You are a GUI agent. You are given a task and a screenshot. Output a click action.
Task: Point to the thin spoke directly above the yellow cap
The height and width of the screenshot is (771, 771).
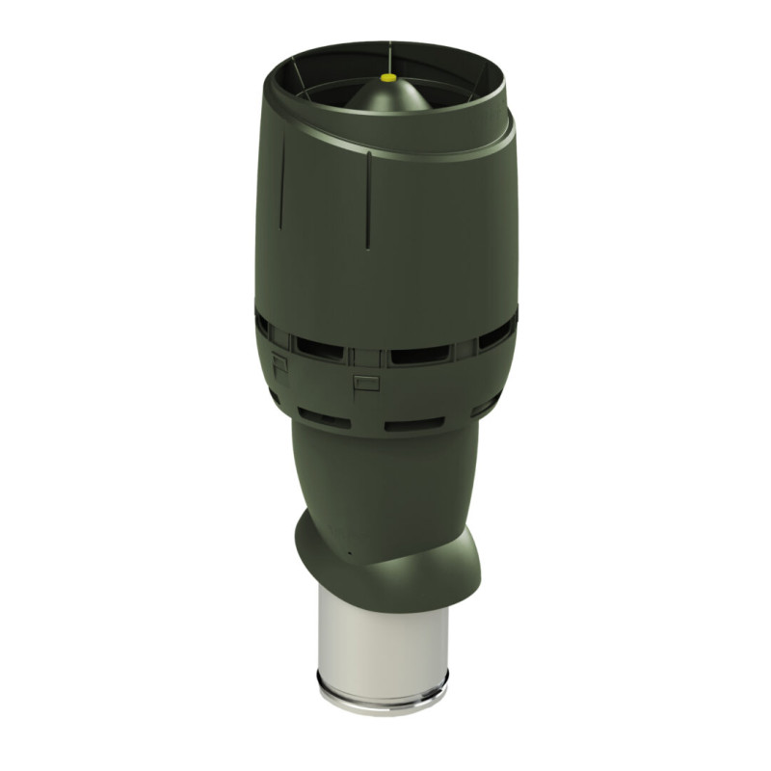point(389,55)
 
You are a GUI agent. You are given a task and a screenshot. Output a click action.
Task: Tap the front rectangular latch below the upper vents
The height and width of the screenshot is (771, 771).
point(366,383)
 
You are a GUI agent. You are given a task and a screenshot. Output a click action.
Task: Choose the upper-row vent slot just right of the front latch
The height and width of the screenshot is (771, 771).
point(420,354)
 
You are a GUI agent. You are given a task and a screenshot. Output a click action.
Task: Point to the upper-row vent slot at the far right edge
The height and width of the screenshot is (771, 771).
point(496,334)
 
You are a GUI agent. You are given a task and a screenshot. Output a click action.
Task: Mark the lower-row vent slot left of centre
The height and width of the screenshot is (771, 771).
point(323,417)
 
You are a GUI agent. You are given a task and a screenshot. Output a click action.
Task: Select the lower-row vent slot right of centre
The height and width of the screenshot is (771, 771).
point(414,423)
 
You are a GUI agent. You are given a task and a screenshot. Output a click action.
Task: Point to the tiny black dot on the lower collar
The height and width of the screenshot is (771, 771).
point(350,554)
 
